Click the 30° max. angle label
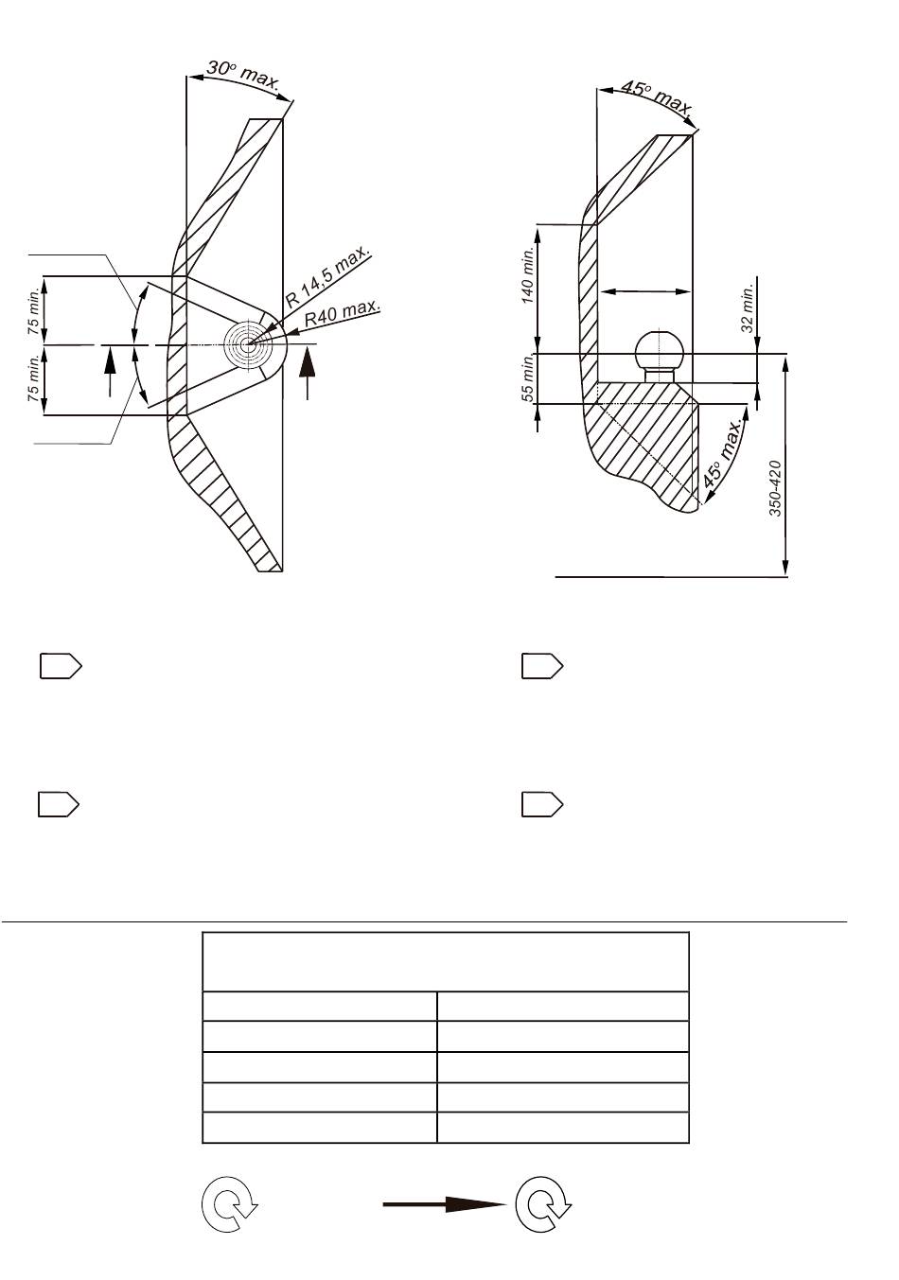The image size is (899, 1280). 243,76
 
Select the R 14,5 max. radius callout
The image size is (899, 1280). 327,275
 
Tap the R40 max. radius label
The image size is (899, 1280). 342,312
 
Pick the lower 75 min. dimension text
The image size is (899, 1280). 34,378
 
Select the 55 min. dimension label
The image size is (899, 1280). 527,377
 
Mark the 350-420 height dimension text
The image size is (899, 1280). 775,488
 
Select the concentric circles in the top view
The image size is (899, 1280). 247,344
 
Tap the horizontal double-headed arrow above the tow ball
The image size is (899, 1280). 645,291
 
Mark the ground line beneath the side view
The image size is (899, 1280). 672,577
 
